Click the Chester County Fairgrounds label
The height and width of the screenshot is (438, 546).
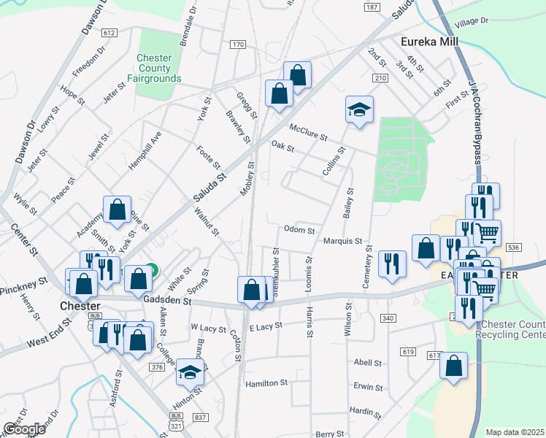pyautogui.click(x=153, y=68)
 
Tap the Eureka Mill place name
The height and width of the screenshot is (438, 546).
pyautogui.click(x=430, y=42)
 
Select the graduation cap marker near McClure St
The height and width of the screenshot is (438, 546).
pyautogui.click(x=359, y=110)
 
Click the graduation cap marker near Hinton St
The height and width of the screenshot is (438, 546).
pyautogui.click(x=190, y=372)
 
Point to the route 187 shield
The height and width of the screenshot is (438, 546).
pyautogui.click(x=372, y=7)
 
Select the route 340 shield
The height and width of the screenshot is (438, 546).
pyautogui.click(x=388, y=318)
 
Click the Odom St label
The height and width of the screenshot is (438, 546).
pyautogui.click(x=299, y=228)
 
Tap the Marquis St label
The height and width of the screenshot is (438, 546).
pyautogui.click(x=342, y=241)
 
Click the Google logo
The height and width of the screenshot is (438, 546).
pyautogui.click(x=25, y=429)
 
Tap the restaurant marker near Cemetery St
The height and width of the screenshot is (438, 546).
pyautogui.click(x=392, y=264)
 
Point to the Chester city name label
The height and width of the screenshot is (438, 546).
pyautogui.click(x=80, y=304)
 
